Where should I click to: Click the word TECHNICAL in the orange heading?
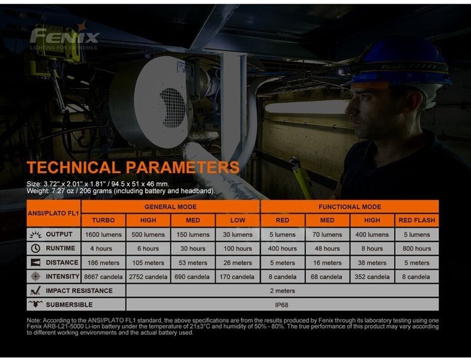[x=74, y=168]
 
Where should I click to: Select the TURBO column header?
[x=103, y=220]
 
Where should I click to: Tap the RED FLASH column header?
[x=417, y=220]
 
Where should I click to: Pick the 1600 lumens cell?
[x=103, y=235]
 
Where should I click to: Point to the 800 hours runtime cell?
[x=417, y=249]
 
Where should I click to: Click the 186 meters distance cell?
[x=103, y=263]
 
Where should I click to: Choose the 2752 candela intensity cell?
[x=148, y=277]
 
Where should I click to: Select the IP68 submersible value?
[x=282, y=305]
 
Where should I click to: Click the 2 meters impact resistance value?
[x=282, y=291]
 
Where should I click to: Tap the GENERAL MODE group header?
[x=170, y=207]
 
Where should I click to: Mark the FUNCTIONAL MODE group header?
[x=350, y=207]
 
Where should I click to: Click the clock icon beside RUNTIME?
[x=35, y=249]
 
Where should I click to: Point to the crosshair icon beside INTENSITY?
[x=35, y=276]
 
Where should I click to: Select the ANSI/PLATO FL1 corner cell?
[x=53, y=213]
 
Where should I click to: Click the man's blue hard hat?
[x=400, y=62]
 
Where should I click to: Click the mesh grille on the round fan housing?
[x=173, y=107]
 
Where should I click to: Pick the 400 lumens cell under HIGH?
[x=372, y=235]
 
